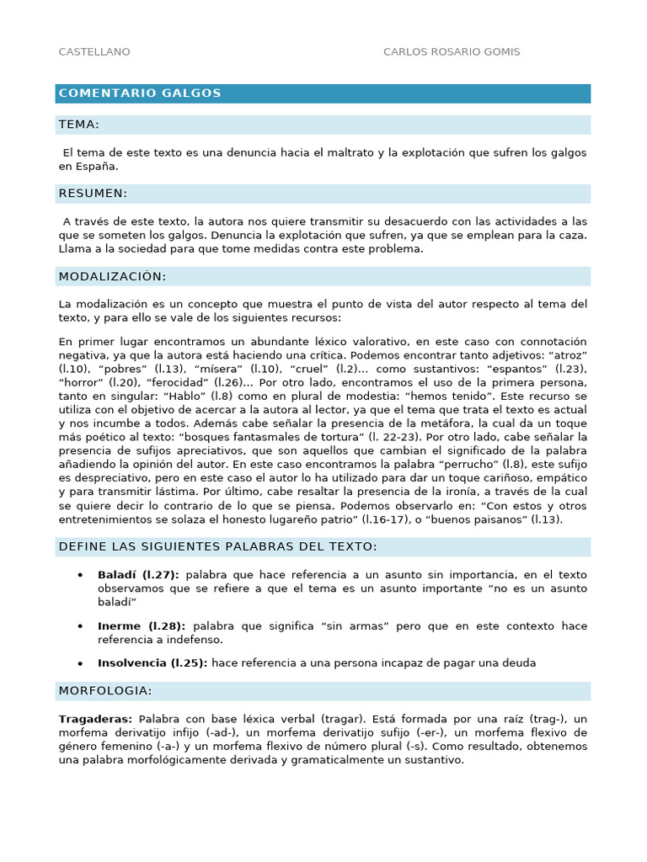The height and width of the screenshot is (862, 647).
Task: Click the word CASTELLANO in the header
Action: click(x=94, y=52)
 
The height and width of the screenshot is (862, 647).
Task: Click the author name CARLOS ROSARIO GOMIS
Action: click(x=452, y=52)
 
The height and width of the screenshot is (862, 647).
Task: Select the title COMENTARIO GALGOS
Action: click(x=140, y=93)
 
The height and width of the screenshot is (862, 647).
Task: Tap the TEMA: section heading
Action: click(x=79, y=125)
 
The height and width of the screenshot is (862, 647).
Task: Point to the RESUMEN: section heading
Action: click(x=93, y=194)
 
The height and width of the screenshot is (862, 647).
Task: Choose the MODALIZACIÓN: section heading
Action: click(x=112, y=277)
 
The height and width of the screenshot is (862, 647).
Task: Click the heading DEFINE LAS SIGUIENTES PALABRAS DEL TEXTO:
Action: click(x=218, y=547)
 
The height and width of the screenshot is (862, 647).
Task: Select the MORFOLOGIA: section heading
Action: click(x=105, y=691)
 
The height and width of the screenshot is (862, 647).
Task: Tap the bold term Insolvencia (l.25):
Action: click(x=152, y=662)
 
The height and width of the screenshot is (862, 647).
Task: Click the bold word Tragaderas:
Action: click(x=96, y=719)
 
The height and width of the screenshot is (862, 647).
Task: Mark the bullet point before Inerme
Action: click(x=80, y=626)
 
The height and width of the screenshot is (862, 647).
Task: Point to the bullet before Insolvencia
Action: click(x=80, y=662)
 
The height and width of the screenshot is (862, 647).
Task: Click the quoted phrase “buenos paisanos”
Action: click(x=472, y=519)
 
